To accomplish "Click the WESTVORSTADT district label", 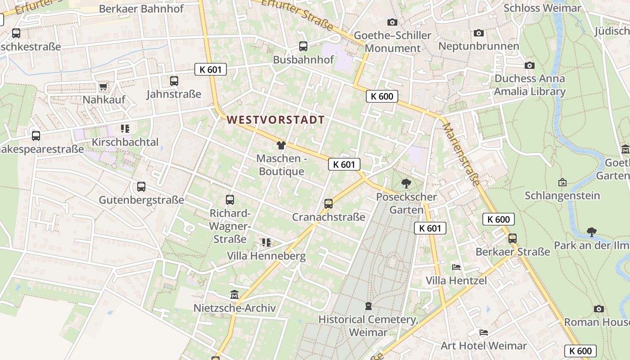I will (x=276, y=120).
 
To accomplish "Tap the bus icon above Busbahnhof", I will (x=303, y=46).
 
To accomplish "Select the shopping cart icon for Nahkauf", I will (x=103, y=86).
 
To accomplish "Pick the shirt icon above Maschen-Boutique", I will (x=281, y=145).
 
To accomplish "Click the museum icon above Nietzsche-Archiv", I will (x=234, y=295).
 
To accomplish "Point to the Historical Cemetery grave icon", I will (x=369, y=306).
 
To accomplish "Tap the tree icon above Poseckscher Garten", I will (x=406, y=183).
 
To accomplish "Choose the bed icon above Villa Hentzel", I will (x=456, y=267).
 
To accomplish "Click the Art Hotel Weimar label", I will (x=483, y=346).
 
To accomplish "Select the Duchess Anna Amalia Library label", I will (x=530, y=85).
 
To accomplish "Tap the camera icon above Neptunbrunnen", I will (x=479, y=33).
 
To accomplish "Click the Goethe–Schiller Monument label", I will (x=392, y=42).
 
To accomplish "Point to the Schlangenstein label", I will (x=562, y=196).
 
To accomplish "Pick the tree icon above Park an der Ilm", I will (x=592, y=232).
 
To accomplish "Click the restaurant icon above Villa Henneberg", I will (x=266, y=243).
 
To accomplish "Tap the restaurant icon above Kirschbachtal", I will (x=125, y=129).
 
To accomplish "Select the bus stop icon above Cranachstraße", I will (x=328, y=203).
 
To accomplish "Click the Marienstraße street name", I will (x=461, y=153).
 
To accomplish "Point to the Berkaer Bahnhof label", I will (x=142, y=9).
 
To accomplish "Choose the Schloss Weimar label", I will (x=542, y=8).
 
